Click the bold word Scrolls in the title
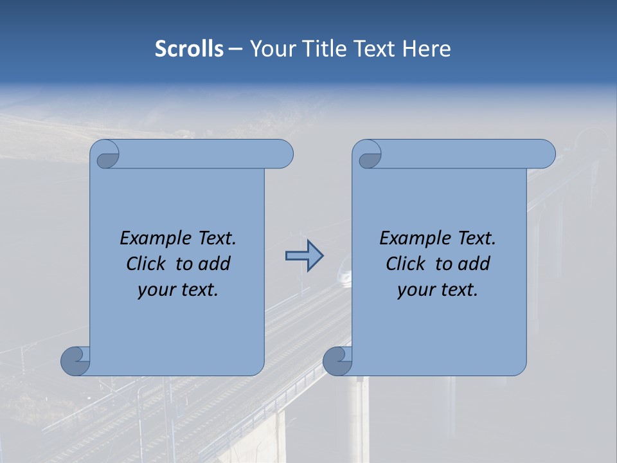tap(189, 48)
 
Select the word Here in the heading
tap(426, 48)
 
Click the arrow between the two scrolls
tap(304, 256)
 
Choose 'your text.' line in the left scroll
tap(178, 289)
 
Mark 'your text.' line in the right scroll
tap(438, 289)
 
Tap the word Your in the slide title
tap(270, 48)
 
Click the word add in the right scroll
tap(474, 264)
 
